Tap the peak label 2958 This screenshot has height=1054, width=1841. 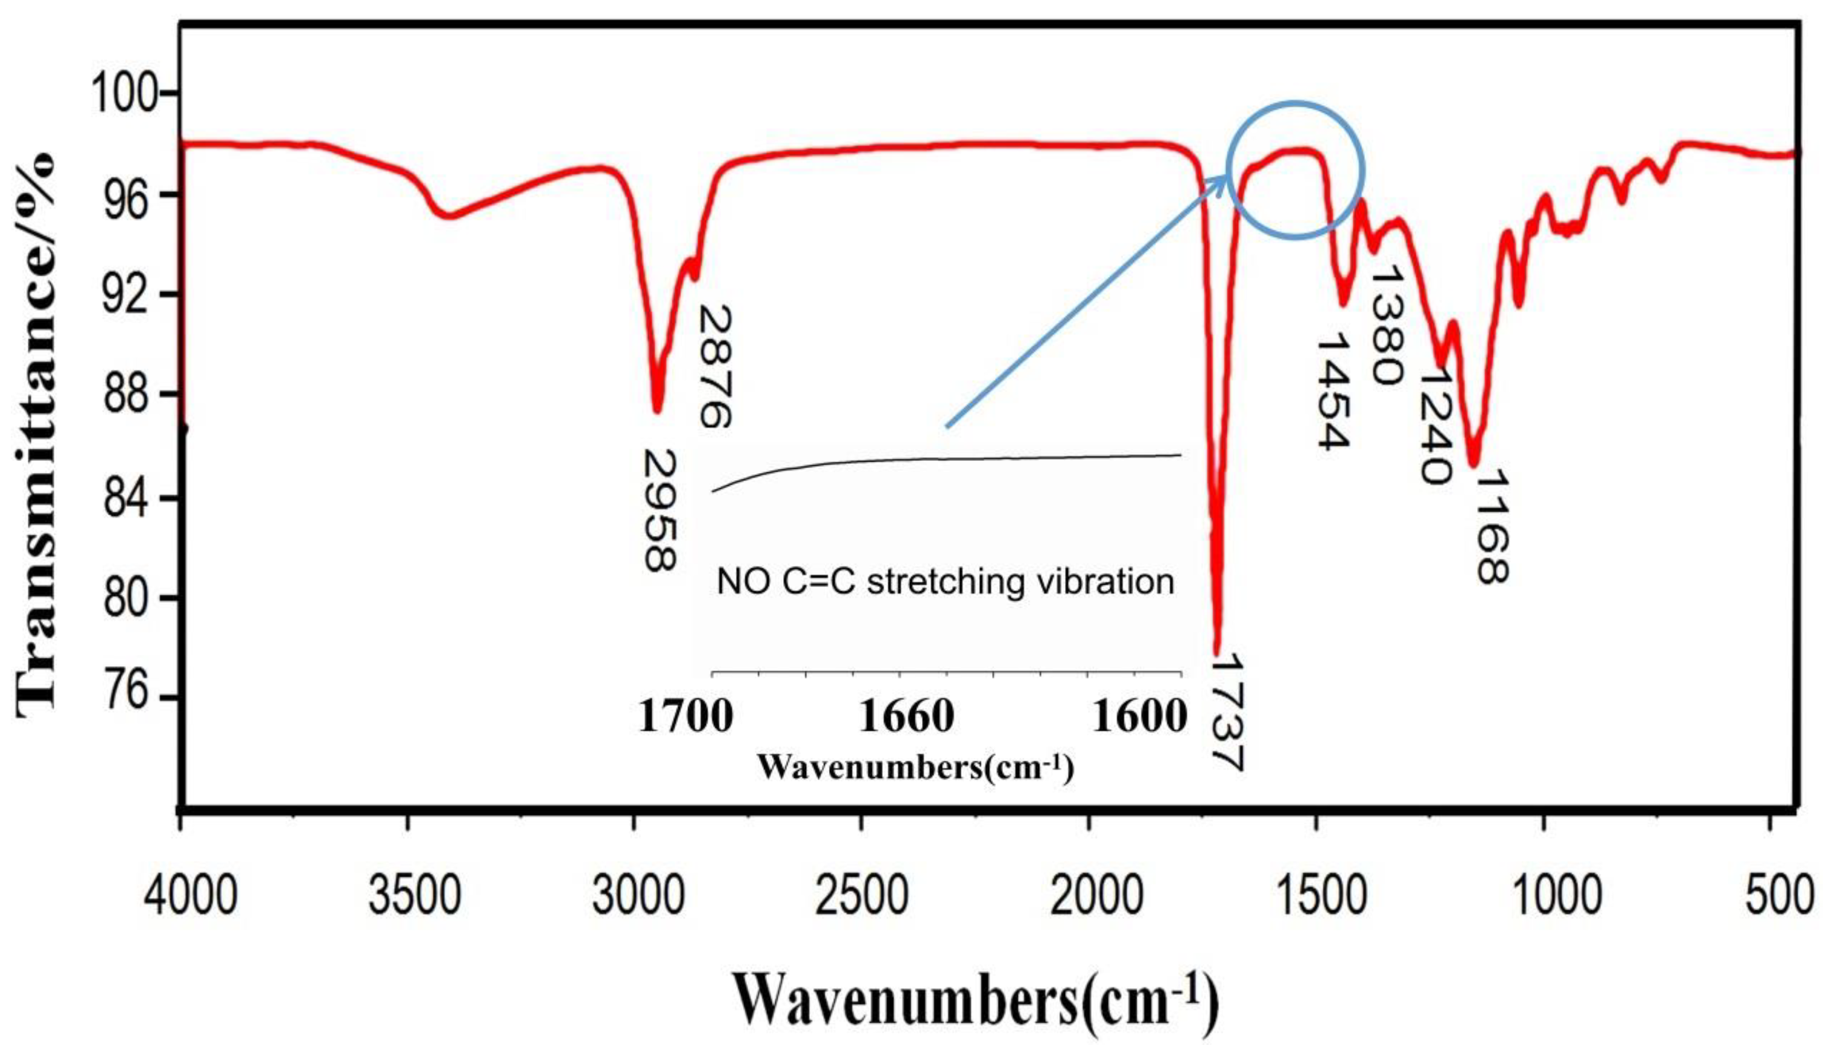pyautogui.click(x=660, y=510)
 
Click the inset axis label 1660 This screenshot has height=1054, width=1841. pyautogui.click(x=906, y=717)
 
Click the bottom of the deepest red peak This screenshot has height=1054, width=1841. pyautogui.click(x=1217, y=652)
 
